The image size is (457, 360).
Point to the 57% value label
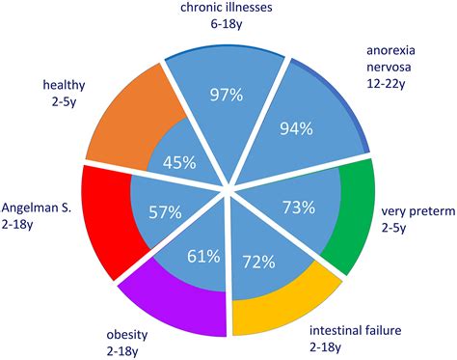(163, 210)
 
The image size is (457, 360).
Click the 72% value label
(258, 261)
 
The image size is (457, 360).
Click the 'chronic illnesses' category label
(227, 9)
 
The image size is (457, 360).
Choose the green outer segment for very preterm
(348, 217)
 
